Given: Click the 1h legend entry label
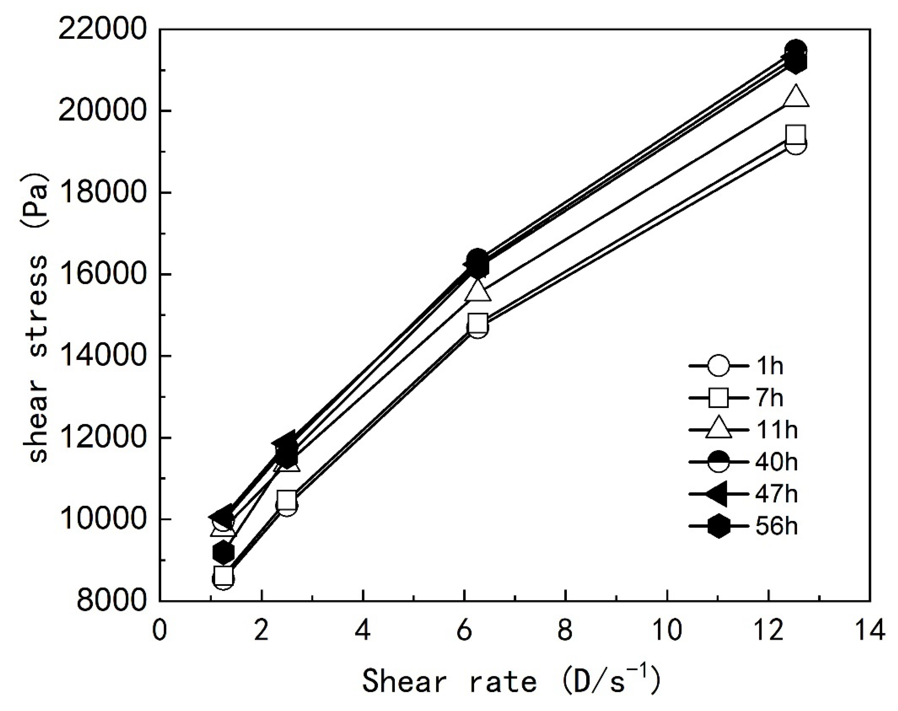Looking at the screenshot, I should pos(770,366).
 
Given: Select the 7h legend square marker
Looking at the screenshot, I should pos(718,398).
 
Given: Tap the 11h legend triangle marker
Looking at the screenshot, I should pos(718,430).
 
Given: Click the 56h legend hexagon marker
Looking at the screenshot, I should pos(718,526).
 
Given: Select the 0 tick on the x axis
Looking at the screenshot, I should pos(160,630).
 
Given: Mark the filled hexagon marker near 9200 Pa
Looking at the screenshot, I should pos(223,553).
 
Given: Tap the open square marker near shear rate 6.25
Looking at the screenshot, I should pos(478,323).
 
